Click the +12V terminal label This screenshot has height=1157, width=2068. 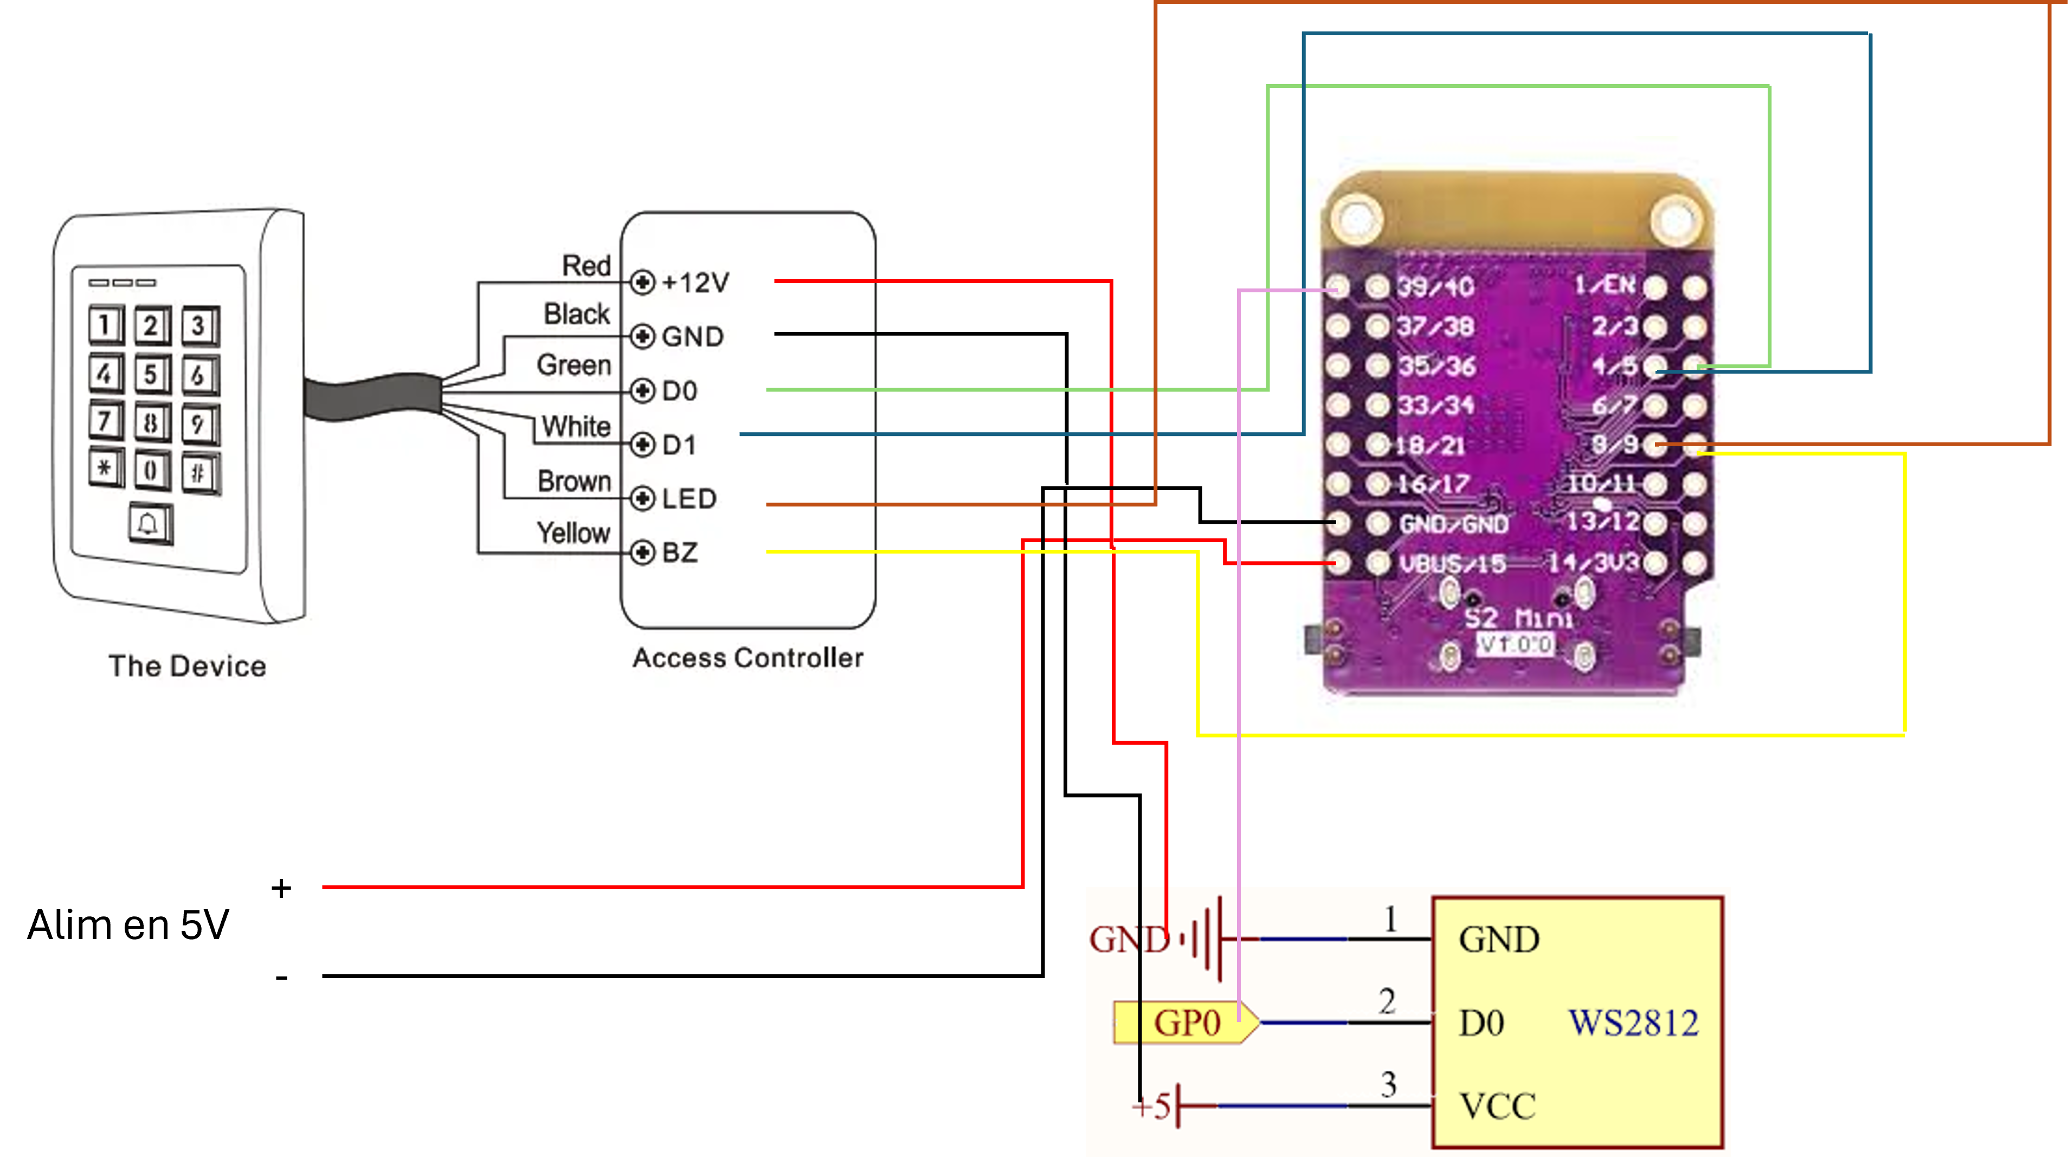coord(695,282)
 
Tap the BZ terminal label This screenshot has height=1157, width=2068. coord(679,552)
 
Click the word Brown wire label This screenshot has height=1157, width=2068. coord(574,481)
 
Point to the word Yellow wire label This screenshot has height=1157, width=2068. coord(573,533)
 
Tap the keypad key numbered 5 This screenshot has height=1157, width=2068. coord(151,374)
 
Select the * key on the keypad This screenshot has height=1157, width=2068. coord(105,469)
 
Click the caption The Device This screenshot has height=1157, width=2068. coord(187,666)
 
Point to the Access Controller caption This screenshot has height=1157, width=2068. coord(748,658)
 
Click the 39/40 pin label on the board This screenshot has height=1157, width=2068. coord(1435,287)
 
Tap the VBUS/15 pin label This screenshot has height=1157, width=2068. coord(1452,564)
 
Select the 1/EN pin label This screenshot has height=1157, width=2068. coord(1604,285)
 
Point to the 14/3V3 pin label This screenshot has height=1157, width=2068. coord(1593,563)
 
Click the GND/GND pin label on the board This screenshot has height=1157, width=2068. coord(1453,524)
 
